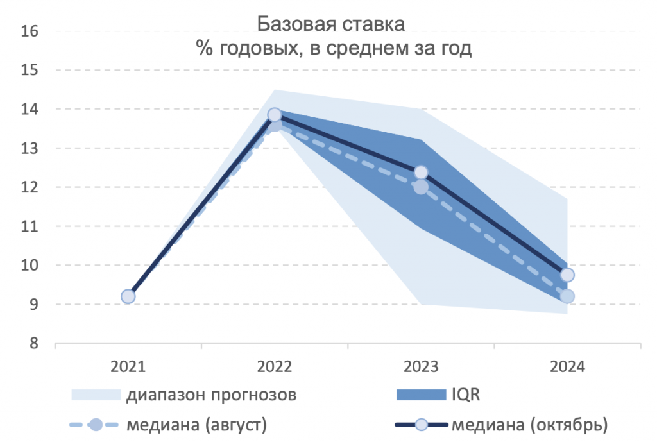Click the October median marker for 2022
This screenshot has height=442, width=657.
coord(275,115)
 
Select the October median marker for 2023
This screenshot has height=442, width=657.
coord(421,172)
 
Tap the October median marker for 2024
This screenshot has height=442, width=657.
coord(567,275)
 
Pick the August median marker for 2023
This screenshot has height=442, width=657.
coord(421,187)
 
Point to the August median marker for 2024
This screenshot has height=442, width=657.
coord(567,296)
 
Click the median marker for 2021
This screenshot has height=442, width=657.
coord(128,296)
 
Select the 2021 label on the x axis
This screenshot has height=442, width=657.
coord(128,368)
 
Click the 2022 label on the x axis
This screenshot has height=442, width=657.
coord(275,368)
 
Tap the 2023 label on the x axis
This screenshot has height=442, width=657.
coord(421,368)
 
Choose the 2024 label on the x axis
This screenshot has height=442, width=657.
coord(567,368)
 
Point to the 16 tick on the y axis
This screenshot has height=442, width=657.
coord(30,31)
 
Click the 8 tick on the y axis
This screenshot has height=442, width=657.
coord(33,344)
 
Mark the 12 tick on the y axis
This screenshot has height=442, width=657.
coord(30,187)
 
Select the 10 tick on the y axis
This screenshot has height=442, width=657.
coord(30,266)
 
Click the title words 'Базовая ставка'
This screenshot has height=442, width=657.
coord(331,26)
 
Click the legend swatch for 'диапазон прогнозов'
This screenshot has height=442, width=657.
coord(96,395)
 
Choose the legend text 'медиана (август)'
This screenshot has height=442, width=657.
coord(196,424)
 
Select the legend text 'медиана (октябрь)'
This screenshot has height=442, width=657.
coord(529,424)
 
